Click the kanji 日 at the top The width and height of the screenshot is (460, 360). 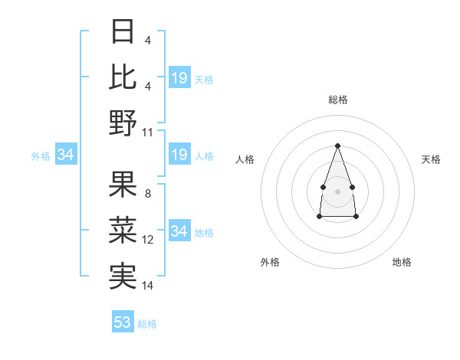[x=123, y=33]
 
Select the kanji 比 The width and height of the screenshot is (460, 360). [x=123, y=77]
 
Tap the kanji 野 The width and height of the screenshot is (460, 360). [x=123, y=123]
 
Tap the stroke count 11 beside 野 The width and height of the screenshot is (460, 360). [x=149, y=132]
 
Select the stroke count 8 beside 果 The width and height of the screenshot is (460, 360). [x=147, y=193]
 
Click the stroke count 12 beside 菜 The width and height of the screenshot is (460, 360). [x=148, y=239]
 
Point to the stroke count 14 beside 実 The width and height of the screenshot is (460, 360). [x=148, y=285]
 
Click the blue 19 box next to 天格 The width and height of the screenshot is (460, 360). [x=179, y=78]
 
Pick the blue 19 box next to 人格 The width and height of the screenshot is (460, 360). [x=179, y=155]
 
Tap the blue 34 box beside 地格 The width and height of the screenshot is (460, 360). [x=179, y=231]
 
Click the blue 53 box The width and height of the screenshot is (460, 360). [x=123, y=322]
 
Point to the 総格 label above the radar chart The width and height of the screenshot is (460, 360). [x=337, y=100]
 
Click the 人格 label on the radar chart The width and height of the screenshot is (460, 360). [x=245, y=159]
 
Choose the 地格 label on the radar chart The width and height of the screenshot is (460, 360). [x=402, y=262]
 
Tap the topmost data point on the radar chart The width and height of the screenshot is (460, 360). [x=337, y=146]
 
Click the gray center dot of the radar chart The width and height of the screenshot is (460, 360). [x=337, y=190]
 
